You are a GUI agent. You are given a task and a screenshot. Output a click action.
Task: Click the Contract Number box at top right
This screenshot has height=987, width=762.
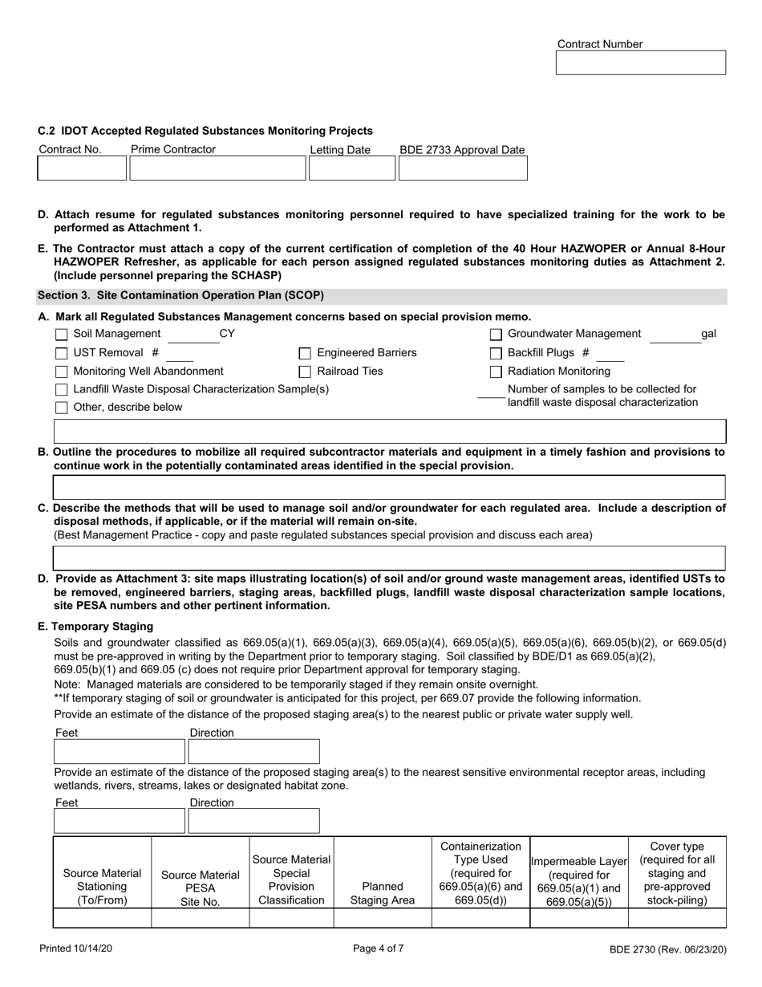640,63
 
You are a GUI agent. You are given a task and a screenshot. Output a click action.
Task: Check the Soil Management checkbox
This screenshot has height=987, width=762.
62,335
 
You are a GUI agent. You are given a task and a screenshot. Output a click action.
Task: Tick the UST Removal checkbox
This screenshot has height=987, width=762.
62,353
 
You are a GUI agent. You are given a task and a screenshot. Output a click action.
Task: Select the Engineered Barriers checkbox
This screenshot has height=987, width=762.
305,353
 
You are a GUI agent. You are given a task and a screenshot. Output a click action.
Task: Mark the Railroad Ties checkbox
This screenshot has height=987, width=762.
305,372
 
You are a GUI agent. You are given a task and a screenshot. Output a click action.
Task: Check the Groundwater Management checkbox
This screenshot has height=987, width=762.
496,335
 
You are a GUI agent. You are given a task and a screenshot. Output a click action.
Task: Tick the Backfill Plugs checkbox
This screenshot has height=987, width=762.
496,353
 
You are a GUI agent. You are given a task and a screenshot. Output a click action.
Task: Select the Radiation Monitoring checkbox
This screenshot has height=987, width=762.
496,372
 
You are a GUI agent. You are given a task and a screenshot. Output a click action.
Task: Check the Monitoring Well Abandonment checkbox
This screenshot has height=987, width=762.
62,372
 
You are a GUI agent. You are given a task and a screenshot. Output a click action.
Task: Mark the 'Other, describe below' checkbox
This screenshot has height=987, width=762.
62,408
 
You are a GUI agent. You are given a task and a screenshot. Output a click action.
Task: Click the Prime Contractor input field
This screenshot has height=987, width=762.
217,169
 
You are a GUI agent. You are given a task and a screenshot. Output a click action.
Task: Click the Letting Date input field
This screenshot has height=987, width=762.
351,169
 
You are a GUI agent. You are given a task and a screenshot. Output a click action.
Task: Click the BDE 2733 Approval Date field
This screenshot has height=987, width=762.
463,169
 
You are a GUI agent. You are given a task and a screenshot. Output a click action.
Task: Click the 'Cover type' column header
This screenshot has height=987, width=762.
676,872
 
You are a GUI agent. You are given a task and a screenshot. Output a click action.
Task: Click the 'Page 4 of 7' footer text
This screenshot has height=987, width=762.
379,948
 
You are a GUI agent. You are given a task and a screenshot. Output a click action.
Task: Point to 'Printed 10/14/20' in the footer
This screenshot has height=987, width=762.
76,948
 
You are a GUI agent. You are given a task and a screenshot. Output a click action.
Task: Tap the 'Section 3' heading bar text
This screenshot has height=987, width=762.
180,295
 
